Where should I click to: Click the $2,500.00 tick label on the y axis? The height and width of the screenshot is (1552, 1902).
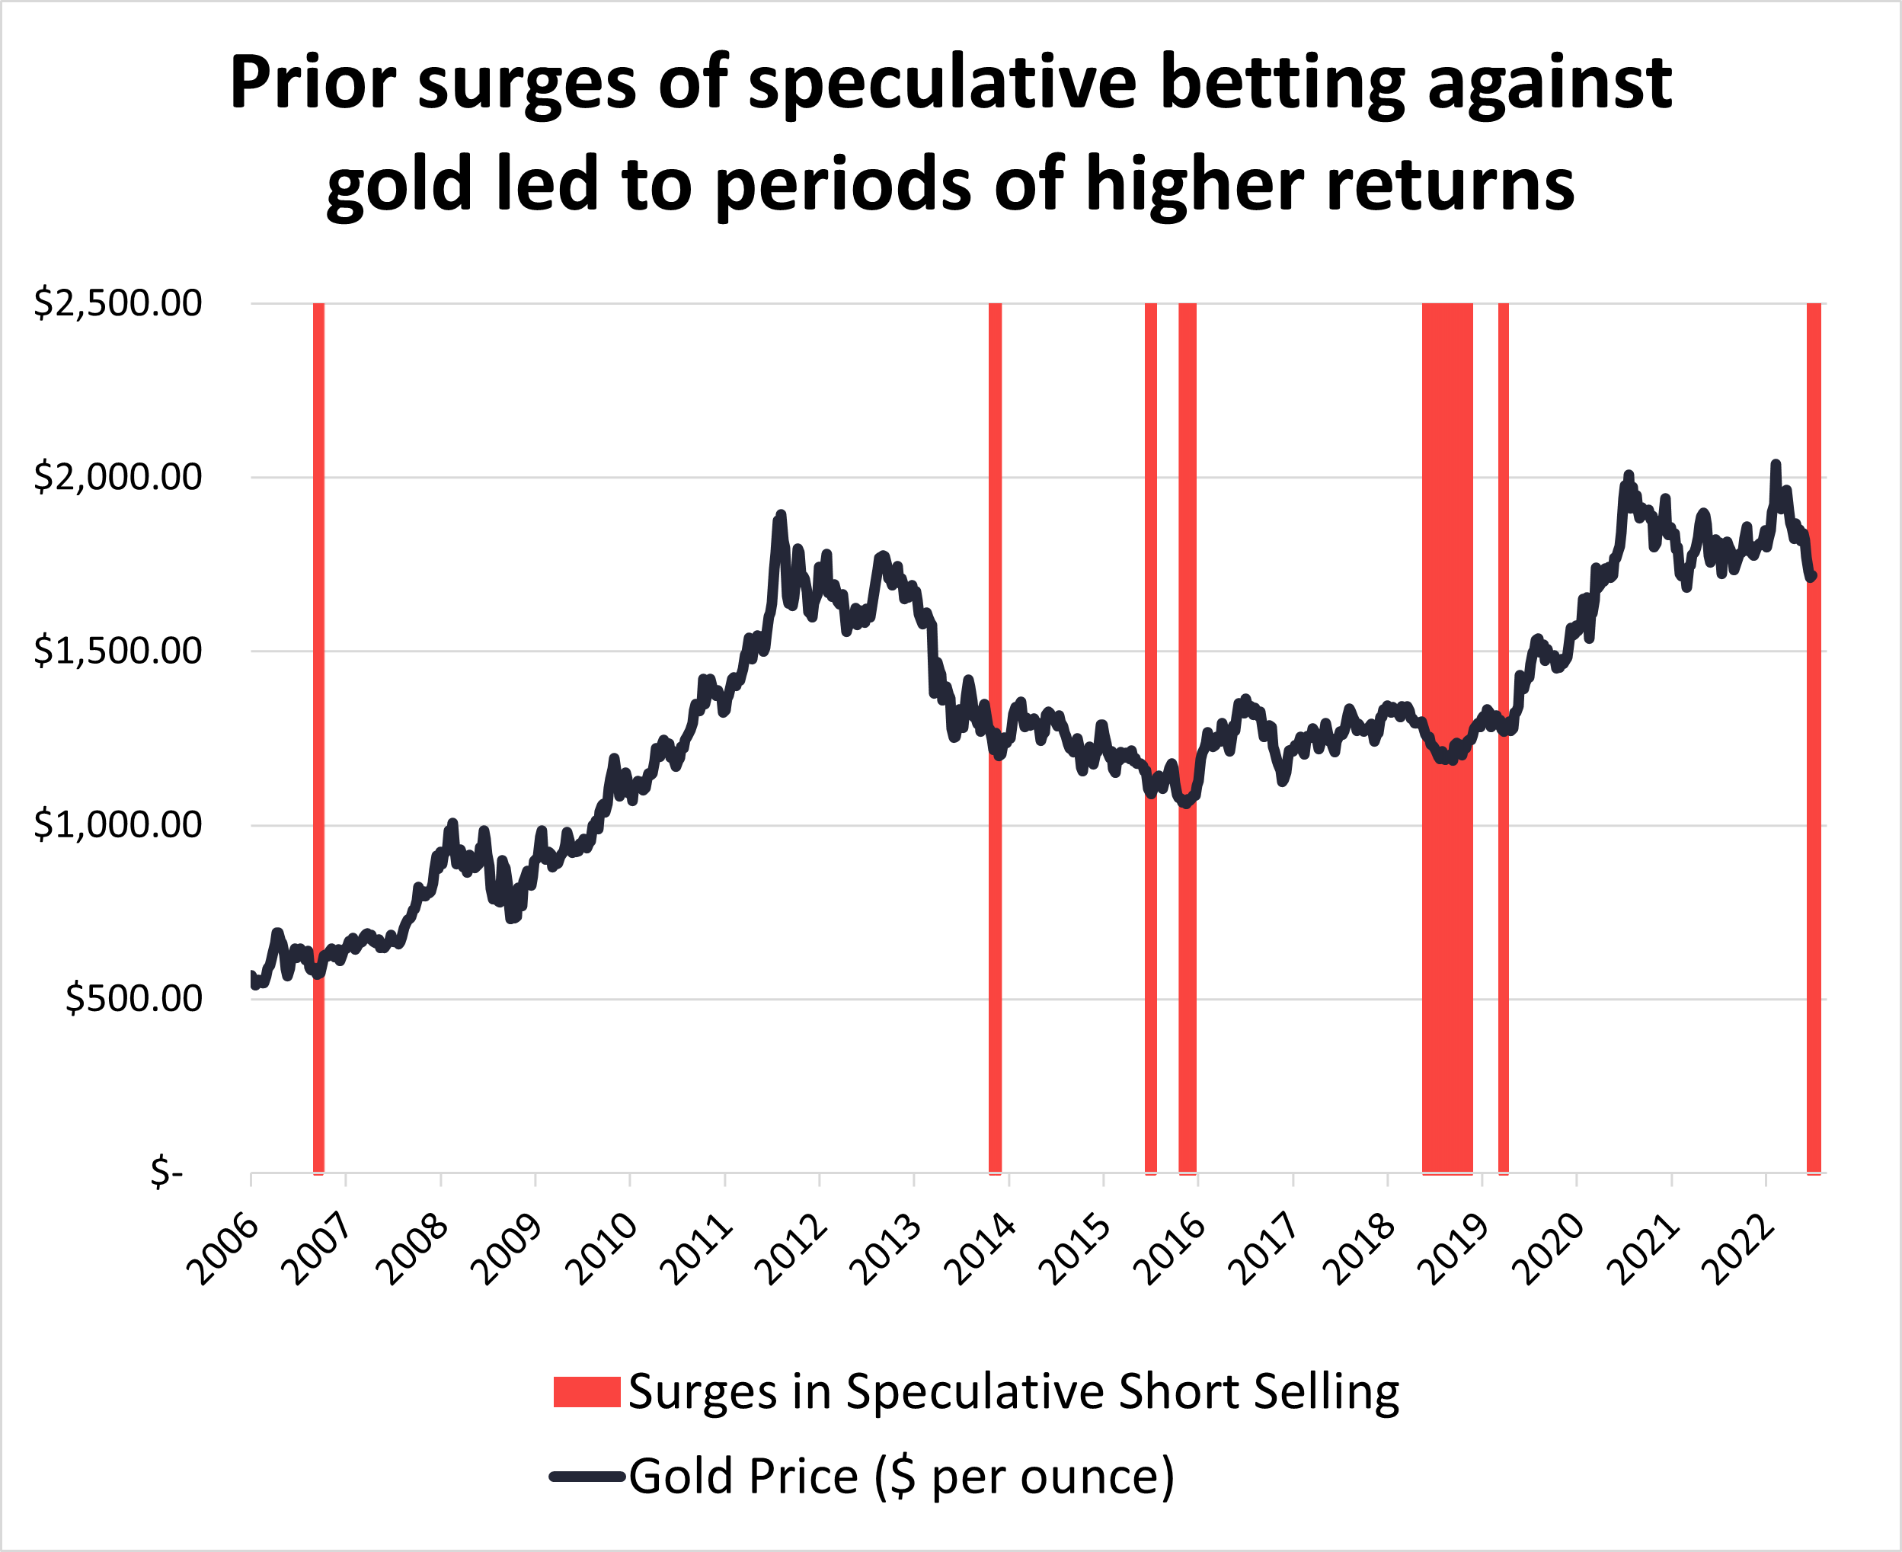point(117,304)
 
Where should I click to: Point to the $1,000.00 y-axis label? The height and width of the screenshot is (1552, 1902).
point(117,825)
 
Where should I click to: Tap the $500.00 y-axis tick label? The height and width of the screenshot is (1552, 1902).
point(133,999)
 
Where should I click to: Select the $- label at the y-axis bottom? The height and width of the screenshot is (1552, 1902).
point(167,1171)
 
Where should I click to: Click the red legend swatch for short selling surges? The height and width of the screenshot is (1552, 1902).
point(587,1392)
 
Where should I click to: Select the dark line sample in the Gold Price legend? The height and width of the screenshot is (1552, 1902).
point(587,1476)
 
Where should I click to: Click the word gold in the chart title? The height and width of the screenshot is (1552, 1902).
point(398,185)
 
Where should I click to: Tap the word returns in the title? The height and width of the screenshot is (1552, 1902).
point(1450,185)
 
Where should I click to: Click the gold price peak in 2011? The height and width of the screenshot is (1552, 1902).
point(780,515)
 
